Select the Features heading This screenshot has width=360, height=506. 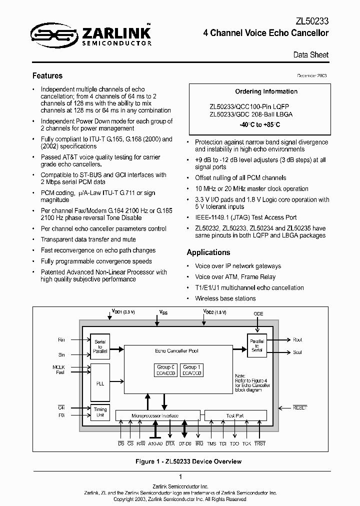click(47, 76)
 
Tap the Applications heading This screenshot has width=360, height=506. click(208, 252)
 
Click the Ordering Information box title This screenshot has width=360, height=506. click(266, 91)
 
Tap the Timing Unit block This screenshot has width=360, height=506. click(100, 412)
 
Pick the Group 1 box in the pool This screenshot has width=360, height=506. click(192, 370)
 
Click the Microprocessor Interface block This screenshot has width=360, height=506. click(157, 415)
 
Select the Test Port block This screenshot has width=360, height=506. click(235, 415)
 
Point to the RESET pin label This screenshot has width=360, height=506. click(300, 408)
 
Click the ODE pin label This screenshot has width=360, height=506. click(258, 314)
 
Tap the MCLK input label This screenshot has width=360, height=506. click(59, 368)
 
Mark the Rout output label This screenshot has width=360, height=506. click(297, 340)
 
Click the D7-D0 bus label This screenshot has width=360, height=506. click(185, 443)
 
